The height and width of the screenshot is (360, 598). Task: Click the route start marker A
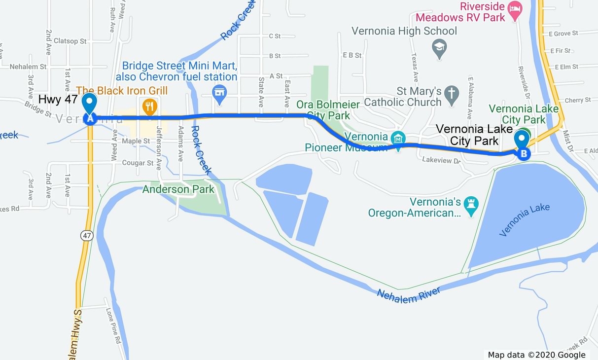(x=90, y=118)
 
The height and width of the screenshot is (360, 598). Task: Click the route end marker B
(x=524, y=154)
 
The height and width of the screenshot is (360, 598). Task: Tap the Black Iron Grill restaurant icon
(x=149, y=106)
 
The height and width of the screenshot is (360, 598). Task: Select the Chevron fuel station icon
(x=219, y=92)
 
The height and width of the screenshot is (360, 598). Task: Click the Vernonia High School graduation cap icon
(x=439, y=47)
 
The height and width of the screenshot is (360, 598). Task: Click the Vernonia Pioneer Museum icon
(x=398, y=138)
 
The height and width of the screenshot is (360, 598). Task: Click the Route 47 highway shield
(x=87, y=236)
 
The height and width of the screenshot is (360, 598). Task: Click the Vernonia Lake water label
(x=524, y=220)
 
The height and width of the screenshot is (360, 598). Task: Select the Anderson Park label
(x=178, y=189)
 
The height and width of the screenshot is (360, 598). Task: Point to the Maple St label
(x=136, y=141)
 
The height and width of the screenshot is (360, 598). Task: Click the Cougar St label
(x=138, y=163)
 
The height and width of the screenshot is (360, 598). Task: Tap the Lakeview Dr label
(x=441, y=160)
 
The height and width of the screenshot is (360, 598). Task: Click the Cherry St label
(x=577, y=100)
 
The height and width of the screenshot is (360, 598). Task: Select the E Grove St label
(x=563, y=33)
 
